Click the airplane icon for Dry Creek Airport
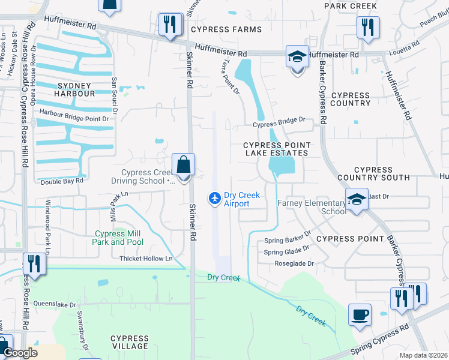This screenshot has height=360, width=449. point(214,197)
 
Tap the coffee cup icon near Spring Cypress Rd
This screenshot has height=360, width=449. point(360,315)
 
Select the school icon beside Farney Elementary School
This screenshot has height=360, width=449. point(357,199)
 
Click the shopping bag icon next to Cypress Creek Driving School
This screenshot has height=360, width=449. point(183,164)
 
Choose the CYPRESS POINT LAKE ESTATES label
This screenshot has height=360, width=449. point(277,149)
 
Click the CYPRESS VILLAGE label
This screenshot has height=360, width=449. point(130,343)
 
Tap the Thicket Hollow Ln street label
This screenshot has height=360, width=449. point(146,259)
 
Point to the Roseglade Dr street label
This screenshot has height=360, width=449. point(294,263)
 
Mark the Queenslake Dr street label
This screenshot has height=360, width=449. point(55,304)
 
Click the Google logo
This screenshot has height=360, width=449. point(20,353)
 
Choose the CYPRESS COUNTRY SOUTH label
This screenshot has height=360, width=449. point(373,173)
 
